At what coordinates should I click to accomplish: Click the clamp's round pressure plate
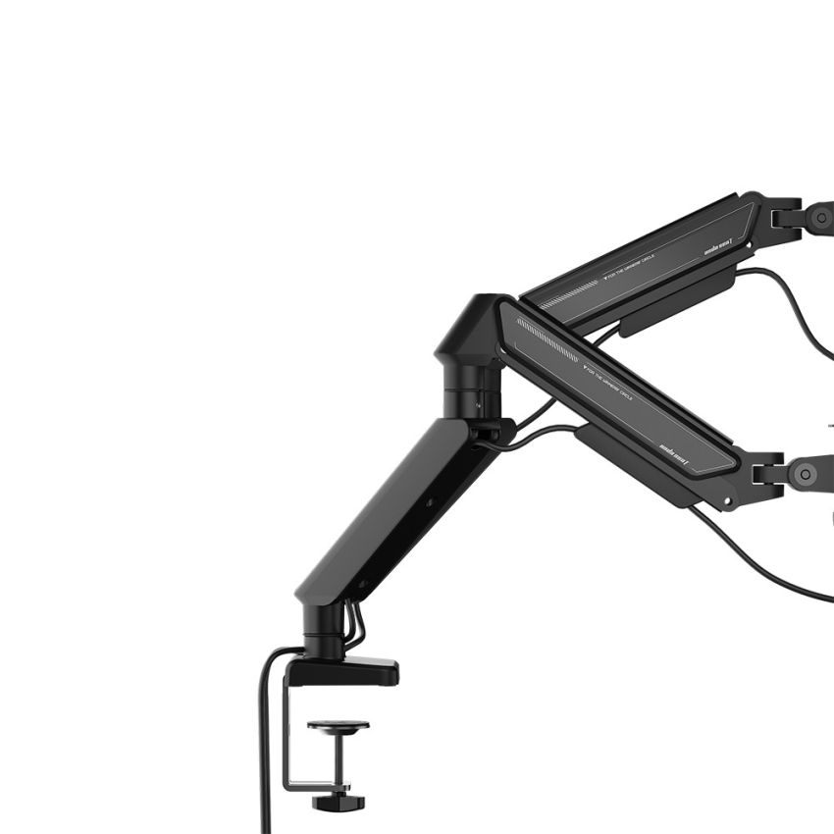[339, 726]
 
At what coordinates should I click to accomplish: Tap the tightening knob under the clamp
[339, 803]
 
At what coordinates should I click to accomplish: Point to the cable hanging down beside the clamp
[265, 746]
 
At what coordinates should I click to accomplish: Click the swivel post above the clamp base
[323, 628]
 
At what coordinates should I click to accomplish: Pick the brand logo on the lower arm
[677, 454]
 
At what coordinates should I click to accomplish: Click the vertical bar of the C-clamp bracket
[289, 731]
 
